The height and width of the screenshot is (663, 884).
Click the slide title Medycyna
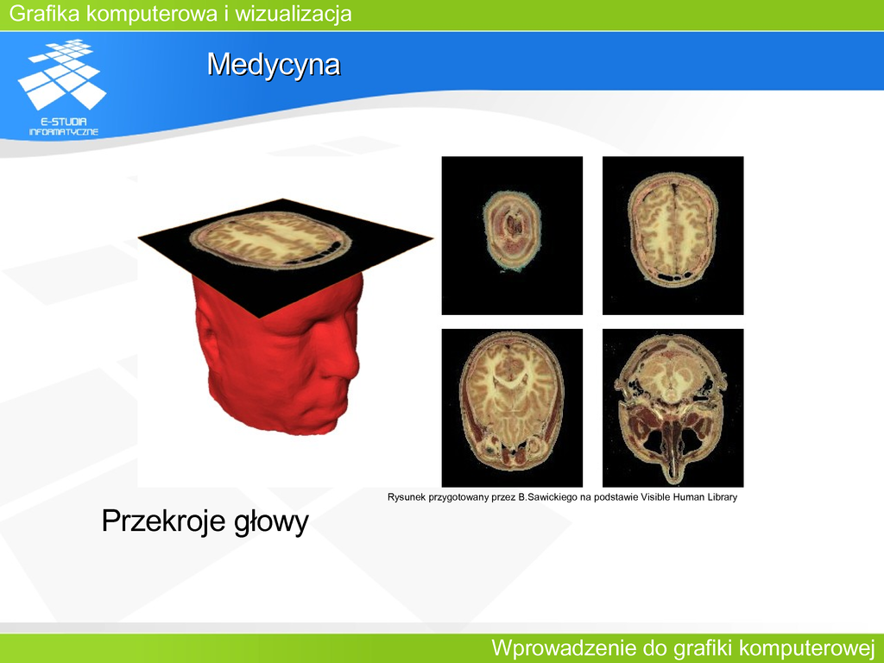pyautogui.click(x=274, y=64)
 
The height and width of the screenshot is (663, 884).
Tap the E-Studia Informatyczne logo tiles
pyautogui.click(x=62, y=73)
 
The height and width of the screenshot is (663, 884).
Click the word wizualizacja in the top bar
pyautogui.click(x=294, y=14)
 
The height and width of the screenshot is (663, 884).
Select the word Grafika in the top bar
pyautogui.click(x=45, y=14)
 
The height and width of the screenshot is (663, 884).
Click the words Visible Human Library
pyautogui.click(x=689, y=497)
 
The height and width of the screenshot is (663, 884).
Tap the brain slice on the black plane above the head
pyautogui.click(x=270, y=242)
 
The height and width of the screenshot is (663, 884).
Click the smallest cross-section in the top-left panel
pyautogui.click(x=512, y=230)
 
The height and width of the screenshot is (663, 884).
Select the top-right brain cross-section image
pyautogui.click(x=673, y=236)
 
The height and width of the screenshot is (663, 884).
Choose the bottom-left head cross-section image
pyautogui.click(x=512, y=408)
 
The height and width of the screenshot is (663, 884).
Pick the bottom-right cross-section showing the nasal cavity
pyautogui.click(x=673, y=408)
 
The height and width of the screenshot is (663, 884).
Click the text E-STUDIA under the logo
pyautogui.click(x=63, y=122)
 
